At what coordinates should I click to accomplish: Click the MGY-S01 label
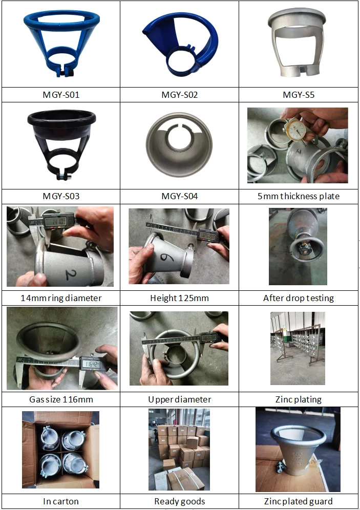[61, 95]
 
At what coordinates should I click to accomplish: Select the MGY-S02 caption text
[179, 95]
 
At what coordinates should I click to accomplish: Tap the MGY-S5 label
[299, 95]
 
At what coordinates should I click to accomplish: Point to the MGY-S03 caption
[61, 196]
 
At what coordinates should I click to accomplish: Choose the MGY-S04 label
[179, 196]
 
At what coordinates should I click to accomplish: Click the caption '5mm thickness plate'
[299, 196]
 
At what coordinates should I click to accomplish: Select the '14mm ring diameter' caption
[61, 297]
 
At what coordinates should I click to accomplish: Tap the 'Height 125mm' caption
[179, 297]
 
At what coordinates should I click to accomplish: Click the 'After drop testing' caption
[299, 297]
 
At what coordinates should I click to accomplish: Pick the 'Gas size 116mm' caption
[61, 399]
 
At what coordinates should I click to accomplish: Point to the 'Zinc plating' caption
[299, 399]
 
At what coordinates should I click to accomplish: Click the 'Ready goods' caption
[179, 501]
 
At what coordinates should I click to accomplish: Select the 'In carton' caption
[61, 501]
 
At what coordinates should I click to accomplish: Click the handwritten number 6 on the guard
[164, 254]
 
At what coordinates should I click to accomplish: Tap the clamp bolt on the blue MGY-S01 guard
[65, 73]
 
